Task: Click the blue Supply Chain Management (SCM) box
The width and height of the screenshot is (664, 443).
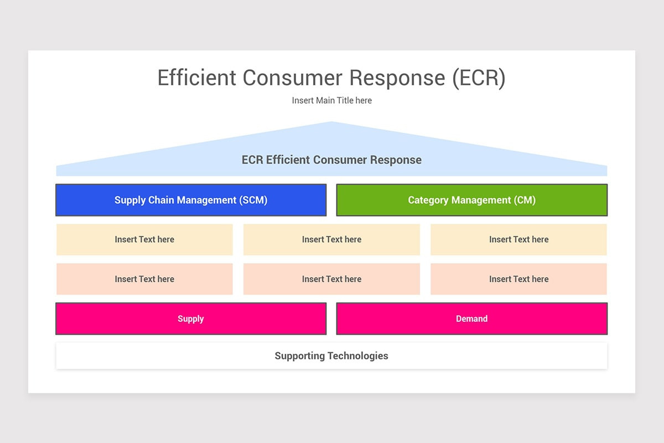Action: (x=191, y=200)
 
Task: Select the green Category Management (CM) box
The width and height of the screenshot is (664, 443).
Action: (x=471, y=200)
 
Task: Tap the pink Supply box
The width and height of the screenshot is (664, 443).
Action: (x=191, y=318)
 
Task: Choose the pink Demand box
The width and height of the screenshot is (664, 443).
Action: (x=471, y=318)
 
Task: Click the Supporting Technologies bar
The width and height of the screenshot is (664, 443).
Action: (x=331, y=356)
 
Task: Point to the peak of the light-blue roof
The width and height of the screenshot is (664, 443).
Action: (x=331, y=122)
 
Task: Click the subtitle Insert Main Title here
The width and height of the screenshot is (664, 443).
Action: (x=331, y=101)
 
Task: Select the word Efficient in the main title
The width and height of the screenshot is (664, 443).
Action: (x=196, y=78)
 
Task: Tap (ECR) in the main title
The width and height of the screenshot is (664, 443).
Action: (x=479, y=78)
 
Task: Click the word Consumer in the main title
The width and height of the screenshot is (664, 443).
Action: (x=292, y=78)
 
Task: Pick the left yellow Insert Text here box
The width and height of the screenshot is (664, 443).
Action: (x=144, y=239)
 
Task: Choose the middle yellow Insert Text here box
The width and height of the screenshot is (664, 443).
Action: (x=331, y=239)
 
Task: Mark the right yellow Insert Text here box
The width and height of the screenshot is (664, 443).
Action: (x=519, y=239)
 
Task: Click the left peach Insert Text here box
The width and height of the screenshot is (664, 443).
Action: (x=144, y=279)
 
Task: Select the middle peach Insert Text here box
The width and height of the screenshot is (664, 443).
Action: (x=331, y=279)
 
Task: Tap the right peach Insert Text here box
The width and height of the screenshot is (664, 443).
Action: (x=519, y=279)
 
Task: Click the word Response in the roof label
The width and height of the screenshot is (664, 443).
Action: (x=396, y=161)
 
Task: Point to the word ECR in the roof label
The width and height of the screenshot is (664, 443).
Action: (x=252, y=160)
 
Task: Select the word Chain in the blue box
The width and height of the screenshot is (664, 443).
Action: (x=161, y=200)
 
